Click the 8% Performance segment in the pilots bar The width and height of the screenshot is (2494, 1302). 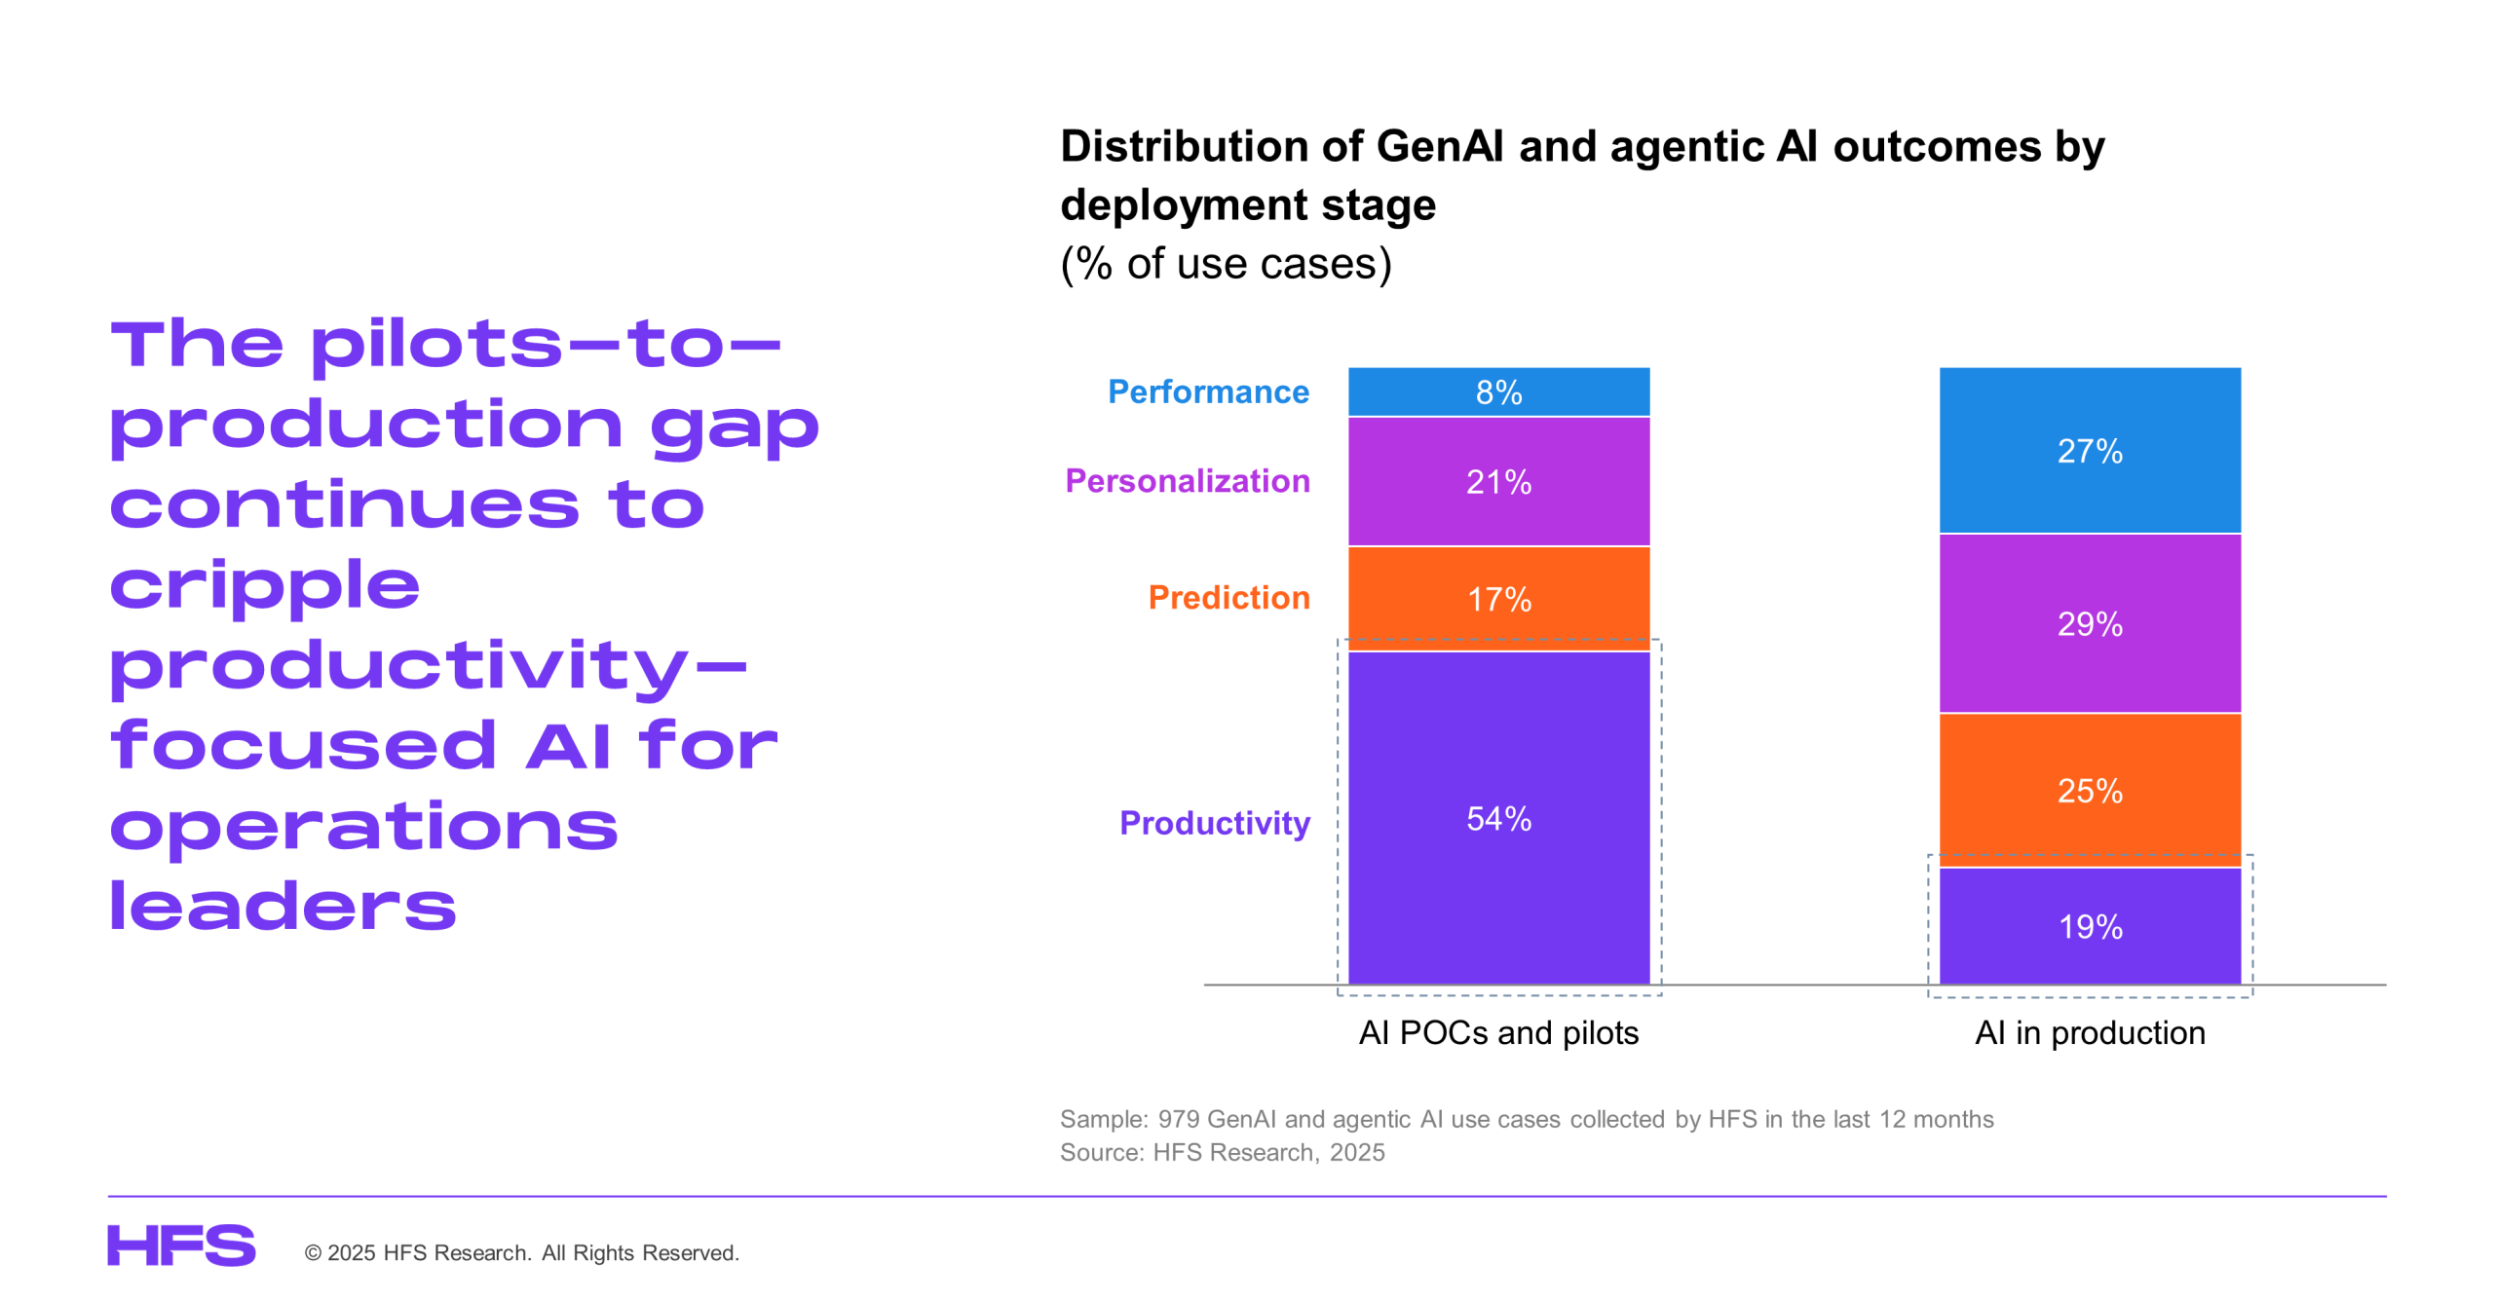1497,391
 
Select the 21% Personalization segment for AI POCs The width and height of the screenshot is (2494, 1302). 1497,481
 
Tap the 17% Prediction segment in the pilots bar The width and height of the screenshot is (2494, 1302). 1497,598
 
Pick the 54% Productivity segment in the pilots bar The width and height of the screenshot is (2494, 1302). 1497,818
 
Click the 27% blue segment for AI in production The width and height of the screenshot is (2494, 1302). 2089,450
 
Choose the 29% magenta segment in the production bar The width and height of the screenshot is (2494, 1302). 2089,623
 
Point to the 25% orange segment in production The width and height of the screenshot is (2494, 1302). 2089,790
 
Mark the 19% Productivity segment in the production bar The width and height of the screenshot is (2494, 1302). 2089,925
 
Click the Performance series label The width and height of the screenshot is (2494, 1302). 1208,391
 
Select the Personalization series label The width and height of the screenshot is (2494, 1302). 1187,481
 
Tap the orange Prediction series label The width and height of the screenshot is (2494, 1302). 1228,598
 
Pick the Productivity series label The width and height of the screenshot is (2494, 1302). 1214,823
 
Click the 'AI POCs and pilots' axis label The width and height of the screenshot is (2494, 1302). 1497,1032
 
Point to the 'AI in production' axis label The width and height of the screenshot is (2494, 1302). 2089,1032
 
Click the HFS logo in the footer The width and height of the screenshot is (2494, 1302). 181,1246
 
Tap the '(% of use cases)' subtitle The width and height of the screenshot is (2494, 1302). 1226,263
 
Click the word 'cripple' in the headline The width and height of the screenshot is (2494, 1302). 265,586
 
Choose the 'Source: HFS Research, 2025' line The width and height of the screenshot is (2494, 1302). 1222,1152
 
